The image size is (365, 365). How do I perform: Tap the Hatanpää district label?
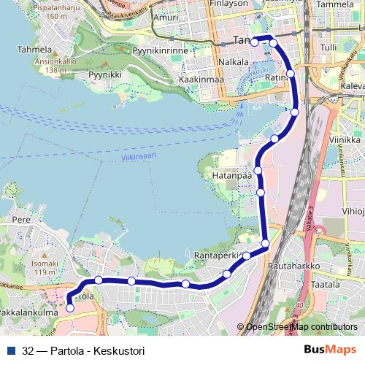pyautogui.click(x=226, y=176)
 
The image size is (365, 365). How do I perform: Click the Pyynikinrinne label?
pyautogui.click(x=161, y=51)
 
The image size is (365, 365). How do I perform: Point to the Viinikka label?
pyautogui.click(x=345, y=139)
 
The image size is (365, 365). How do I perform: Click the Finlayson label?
pyautogui.click(x=228, y=4)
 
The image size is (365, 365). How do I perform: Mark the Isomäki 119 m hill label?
pyautogui.click(x=45, y=268)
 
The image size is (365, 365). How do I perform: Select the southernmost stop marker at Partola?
pyautogui.click(x=70, y=308)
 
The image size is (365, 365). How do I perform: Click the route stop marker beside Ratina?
pyautogui.click(x=291, y=73)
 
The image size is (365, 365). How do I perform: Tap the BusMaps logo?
pyautogui.click(x=330, y=350)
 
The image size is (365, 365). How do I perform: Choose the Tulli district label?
pyautogui.click(x=329, y=47)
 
